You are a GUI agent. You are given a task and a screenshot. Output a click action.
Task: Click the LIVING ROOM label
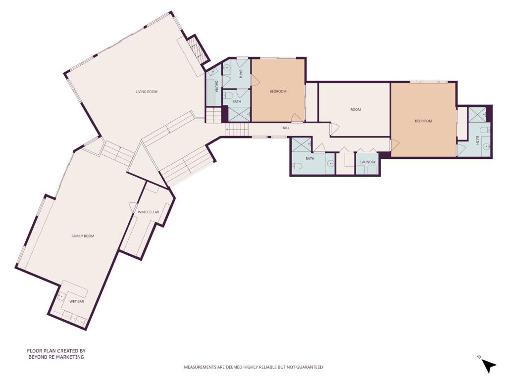point(147,92)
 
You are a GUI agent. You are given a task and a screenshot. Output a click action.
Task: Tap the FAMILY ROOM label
point(83,236)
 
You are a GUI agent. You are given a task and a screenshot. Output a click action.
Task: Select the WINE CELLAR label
point(149,212)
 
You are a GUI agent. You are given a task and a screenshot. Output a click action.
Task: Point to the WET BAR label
point(77,301)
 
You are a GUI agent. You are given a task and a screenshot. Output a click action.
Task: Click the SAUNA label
point(216,86)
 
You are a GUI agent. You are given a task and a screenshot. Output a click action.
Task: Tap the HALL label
point(286,128)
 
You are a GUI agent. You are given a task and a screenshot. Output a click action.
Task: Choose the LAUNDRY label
point(368,162)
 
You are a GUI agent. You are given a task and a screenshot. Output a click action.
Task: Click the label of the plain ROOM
point(355,109)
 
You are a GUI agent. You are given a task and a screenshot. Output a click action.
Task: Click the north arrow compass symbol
point(488,366)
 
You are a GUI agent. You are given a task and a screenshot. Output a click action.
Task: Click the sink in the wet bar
point(60,296)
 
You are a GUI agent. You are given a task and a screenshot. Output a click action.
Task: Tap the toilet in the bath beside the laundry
point(297,166)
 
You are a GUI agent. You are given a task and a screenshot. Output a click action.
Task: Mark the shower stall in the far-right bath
point(478,114)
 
